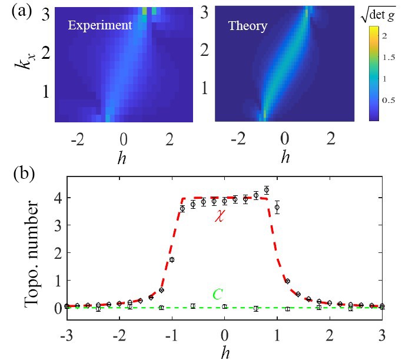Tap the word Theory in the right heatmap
click(x=248, y=26)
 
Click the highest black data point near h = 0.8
click(x=266, y=190)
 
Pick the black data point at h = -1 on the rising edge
click(x=172, y=259)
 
